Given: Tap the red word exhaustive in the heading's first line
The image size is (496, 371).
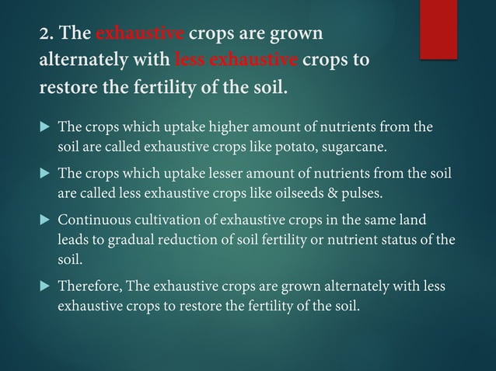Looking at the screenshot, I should (x=140, y=34).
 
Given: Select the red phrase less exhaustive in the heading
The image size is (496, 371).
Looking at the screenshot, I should (x=237, y=61).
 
